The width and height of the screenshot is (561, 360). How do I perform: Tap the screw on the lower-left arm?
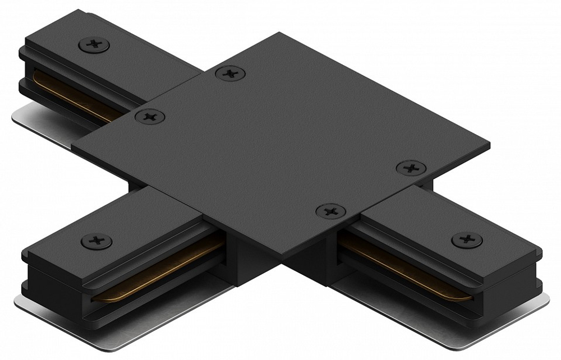pyautogui.click(x=96, y=241)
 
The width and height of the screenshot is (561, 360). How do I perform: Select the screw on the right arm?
pyautogui.click(x=467, y=239)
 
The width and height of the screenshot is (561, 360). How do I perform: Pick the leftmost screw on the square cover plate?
pyautogui.click(x=150, y=117)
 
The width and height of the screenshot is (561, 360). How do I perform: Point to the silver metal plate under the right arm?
pyautogui.click(x=494, y=317)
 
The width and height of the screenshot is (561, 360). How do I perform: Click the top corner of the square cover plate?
pyautogui.click(x=279, y=33)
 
